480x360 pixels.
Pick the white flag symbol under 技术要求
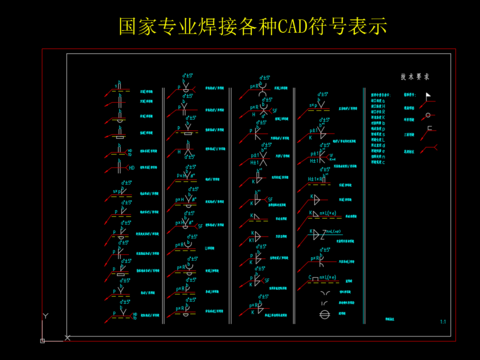(x=429, y=96)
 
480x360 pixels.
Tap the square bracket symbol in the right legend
(x=430, y=129)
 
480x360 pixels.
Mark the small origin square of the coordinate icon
(x=44, y=339)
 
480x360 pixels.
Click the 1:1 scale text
(x=442, y=320)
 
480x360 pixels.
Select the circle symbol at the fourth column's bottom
(x=323, y=314)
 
